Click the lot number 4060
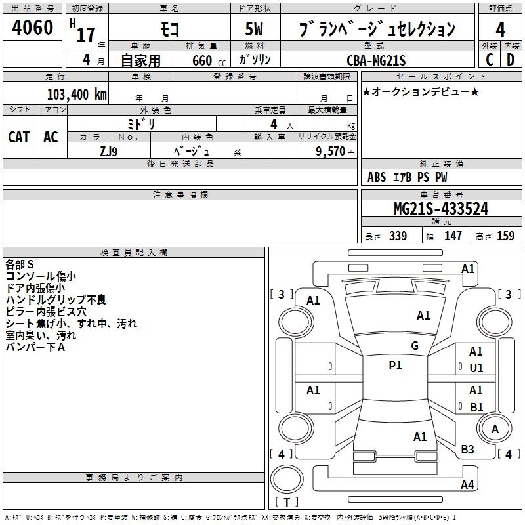33,28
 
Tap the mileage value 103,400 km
77,94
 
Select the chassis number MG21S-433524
441,209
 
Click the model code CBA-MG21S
376,60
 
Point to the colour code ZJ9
109,152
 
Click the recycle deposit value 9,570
330,152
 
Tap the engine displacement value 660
202,60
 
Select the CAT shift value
19,137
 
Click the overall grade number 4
500,30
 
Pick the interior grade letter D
511,60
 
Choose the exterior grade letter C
490,60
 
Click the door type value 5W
254,29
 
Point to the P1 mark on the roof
395,366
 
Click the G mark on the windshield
415,346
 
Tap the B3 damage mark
467,449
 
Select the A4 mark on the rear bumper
467,484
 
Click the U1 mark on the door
476,368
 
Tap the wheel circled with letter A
495,429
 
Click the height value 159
505,236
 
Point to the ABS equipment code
377,177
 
